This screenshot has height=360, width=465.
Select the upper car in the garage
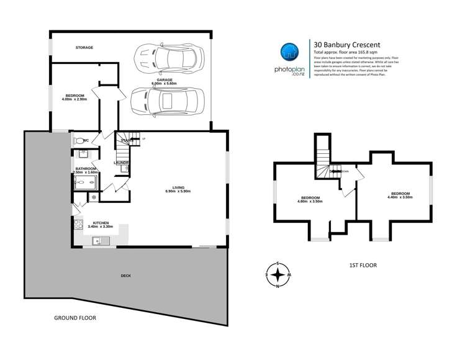tap(166, 57)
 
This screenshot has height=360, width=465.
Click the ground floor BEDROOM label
tap(74, 96)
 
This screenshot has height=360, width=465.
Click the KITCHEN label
tap(101, 223)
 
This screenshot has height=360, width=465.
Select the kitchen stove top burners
tap(78, 225)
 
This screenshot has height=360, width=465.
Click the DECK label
tap(126, 276)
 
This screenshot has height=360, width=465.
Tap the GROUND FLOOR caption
tap(74, 317)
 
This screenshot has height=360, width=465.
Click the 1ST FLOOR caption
tap(362, 265)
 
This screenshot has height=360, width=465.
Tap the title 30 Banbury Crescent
tap(347, 44)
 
